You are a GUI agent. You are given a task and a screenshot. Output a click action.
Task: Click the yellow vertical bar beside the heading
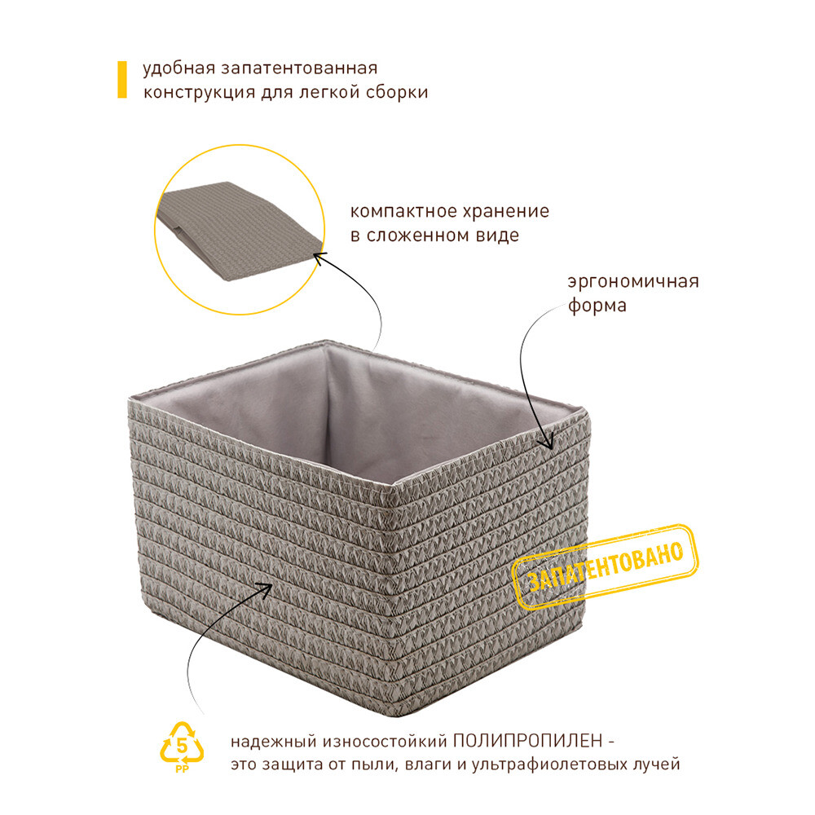pyautogui.click(x=122, y=80)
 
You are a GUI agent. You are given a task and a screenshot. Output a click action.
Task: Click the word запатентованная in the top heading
pyautogui.click(x=299, y=68)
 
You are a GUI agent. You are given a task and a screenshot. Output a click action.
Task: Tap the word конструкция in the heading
pyautogui.click(x=199, y=93)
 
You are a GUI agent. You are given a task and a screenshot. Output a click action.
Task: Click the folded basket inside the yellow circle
pyautogui.click(x=239, y=230)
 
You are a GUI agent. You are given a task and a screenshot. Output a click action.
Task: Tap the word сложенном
pyautogui.click(x=418, y=236)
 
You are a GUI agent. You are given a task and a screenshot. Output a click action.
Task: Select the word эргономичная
pyautogui.click(x=633, y=282)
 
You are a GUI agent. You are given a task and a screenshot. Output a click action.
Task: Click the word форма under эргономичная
pyautogui.click(x=597, y=306)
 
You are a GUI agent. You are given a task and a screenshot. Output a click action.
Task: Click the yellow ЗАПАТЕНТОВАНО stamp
pyautogui.click(x=605, y=566)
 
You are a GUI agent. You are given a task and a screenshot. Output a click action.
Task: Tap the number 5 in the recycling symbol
pyautogui.click(x=182, y=746)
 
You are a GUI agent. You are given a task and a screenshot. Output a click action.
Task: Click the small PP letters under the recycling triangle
pyautogui.click(x=182, y=769)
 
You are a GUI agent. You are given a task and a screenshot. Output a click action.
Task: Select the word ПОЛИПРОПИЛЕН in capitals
pyautogui.click(x=527, y=741)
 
